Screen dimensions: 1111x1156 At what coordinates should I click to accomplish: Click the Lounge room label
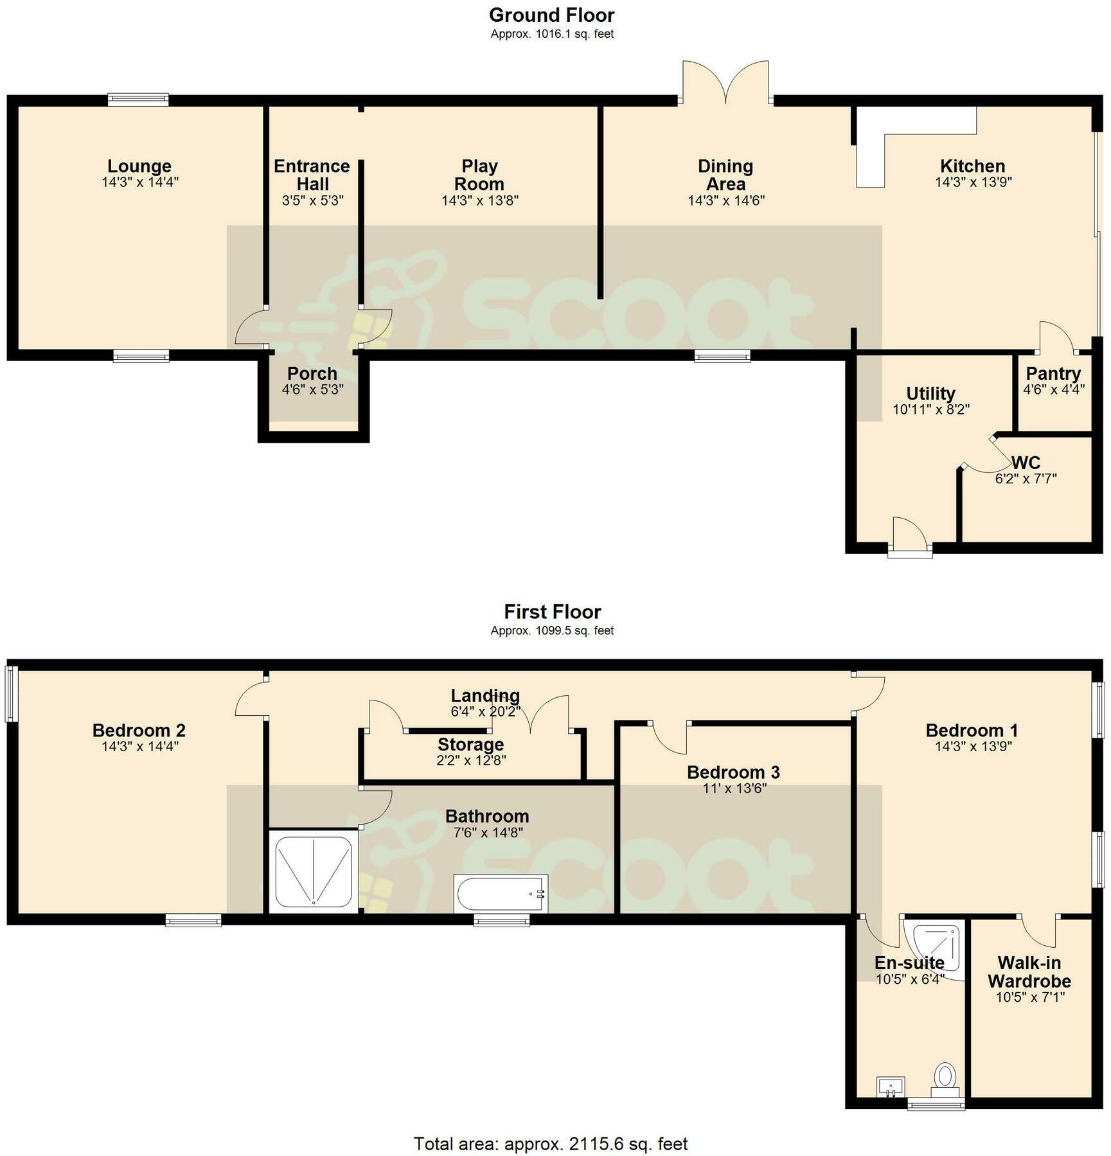click(x=139, y=166)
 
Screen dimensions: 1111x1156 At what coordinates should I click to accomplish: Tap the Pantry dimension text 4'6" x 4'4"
click(x=1054, y=389)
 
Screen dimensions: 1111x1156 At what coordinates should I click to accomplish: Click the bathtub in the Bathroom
click(x=501, y=893)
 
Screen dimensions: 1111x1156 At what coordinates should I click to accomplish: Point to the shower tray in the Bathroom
click(x=314, y=871)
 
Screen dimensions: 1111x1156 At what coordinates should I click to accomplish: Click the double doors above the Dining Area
click(x=725, y=82)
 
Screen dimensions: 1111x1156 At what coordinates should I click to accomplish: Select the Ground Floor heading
click(x=552, y=15)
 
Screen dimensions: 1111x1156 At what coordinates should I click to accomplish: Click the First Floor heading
click(x=553, y=612)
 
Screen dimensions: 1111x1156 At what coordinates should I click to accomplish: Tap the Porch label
click(x=312, y=373)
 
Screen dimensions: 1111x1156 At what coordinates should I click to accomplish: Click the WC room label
click(x=1026, y=463)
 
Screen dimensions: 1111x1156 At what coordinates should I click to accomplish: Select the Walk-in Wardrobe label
click(x=1029, y=972)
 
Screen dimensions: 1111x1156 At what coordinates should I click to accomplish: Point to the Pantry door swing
click(x=1055, y=337)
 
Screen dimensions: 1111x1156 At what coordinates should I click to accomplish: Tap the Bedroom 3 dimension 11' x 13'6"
click(x=734, y=788)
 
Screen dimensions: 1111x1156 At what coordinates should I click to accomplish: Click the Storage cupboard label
click(x=471, y=745)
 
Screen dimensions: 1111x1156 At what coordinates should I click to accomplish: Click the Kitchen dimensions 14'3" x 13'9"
click(x=973, y=182)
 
